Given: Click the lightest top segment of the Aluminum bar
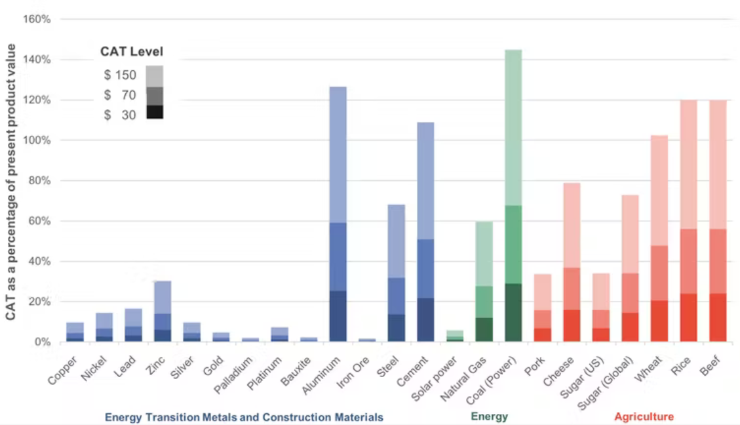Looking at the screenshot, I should [x=338, y=155].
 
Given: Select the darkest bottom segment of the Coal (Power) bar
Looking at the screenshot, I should [x=513, y=312].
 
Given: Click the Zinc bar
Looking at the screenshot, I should [x=162, y=312].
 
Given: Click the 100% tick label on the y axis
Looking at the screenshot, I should [x=37, y=140].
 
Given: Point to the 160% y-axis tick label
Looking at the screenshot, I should [x=37, y=19].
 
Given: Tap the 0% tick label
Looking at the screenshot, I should [x=41, y=342].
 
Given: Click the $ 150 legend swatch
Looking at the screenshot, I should [x=155, y=76].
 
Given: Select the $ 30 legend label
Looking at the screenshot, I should [x=120, y=115].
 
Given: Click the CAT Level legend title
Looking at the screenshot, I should [x=131, y=52].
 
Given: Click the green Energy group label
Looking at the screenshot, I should [x=489, y=416].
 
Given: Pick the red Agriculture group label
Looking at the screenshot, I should [x=644, y=416].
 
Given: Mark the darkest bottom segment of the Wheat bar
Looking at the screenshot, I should [x=659, y=321].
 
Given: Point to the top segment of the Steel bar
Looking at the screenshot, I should [x=396, y=241].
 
